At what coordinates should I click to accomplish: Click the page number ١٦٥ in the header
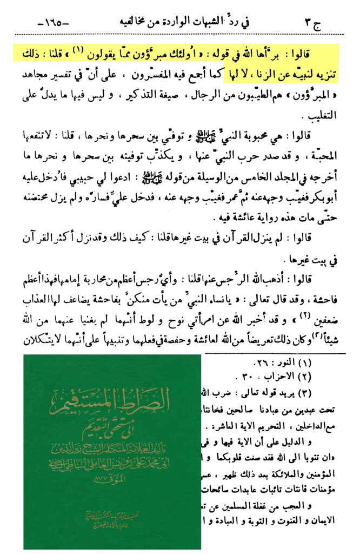(51, 24)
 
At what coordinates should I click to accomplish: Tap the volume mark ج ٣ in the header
(313, 24)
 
